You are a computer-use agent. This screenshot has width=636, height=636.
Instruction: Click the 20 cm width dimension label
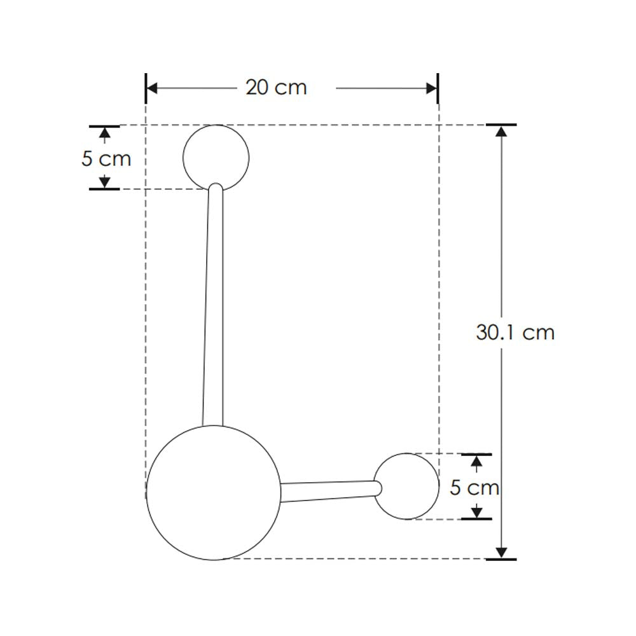(276, 87)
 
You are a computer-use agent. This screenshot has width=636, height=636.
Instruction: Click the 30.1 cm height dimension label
(515, 332)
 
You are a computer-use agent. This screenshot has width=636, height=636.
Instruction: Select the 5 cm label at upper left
(106, 158)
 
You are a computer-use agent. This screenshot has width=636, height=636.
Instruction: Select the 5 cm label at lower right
(474, 488)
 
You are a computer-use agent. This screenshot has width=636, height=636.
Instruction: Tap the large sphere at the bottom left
(213, 493)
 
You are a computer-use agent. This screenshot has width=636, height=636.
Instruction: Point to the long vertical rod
(213, 305)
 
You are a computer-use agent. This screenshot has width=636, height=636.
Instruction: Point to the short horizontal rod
(328, 491)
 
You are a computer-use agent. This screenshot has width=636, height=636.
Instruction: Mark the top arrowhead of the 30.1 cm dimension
(502, 131)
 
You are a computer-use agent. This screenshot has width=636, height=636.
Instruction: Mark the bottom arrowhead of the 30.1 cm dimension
(502, 552)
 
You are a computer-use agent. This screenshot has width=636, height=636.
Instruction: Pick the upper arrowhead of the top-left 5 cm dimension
(104, 132)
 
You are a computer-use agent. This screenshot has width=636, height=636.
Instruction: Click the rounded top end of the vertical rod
(216, 188)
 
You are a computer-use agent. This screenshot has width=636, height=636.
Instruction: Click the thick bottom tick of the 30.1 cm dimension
(501, 559)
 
